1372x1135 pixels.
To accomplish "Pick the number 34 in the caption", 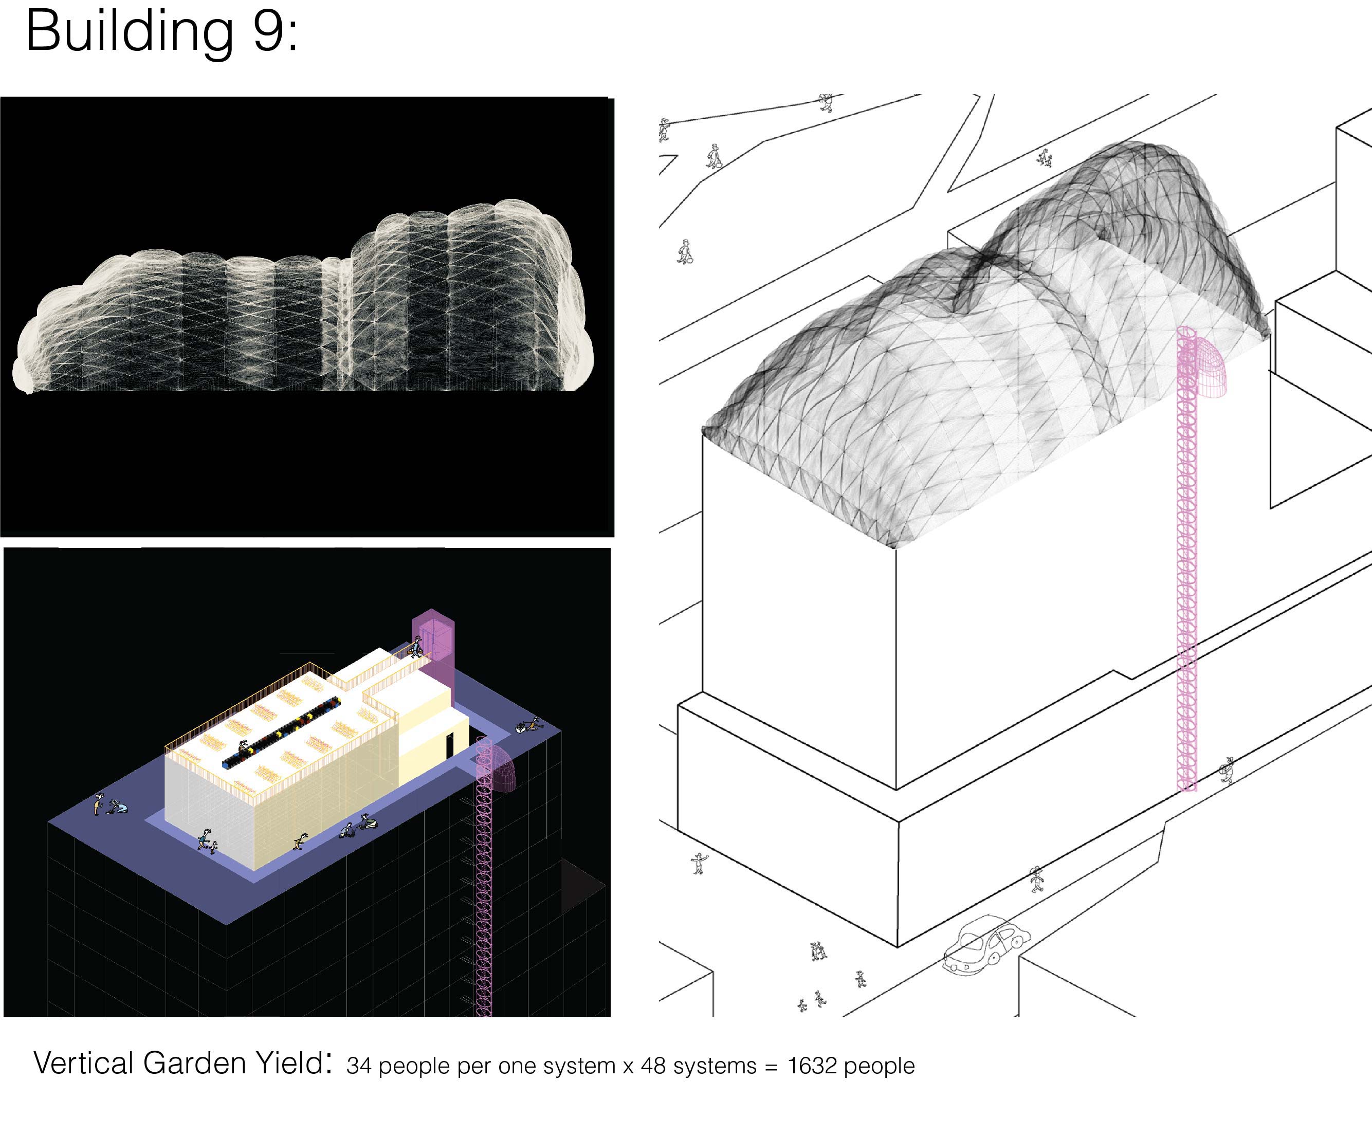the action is [359, 1066].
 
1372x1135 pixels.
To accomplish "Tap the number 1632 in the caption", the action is [812, 1066].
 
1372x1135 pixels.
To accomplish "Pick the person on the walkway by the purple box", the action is [415, 648].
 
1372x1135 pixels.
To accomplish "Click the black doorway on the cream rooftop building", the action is [449, 746].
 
